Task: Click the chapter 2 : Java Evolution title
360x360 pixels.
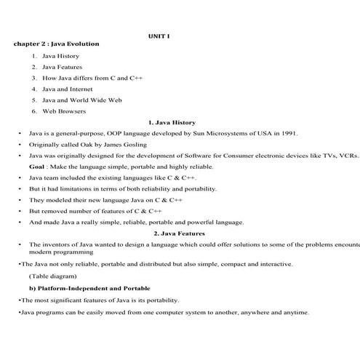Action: [56, 44]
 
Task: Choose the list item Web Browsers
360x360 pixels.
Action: [64, 111]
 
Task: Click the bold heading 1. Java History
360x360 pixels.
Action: [172, 122]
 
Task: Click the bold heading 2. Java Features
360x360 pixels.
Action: [180, 233]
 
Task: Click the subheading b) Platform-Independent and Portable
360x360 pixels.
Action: [89, 289]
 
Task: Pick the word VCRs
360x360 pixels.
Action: [348, 156]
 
